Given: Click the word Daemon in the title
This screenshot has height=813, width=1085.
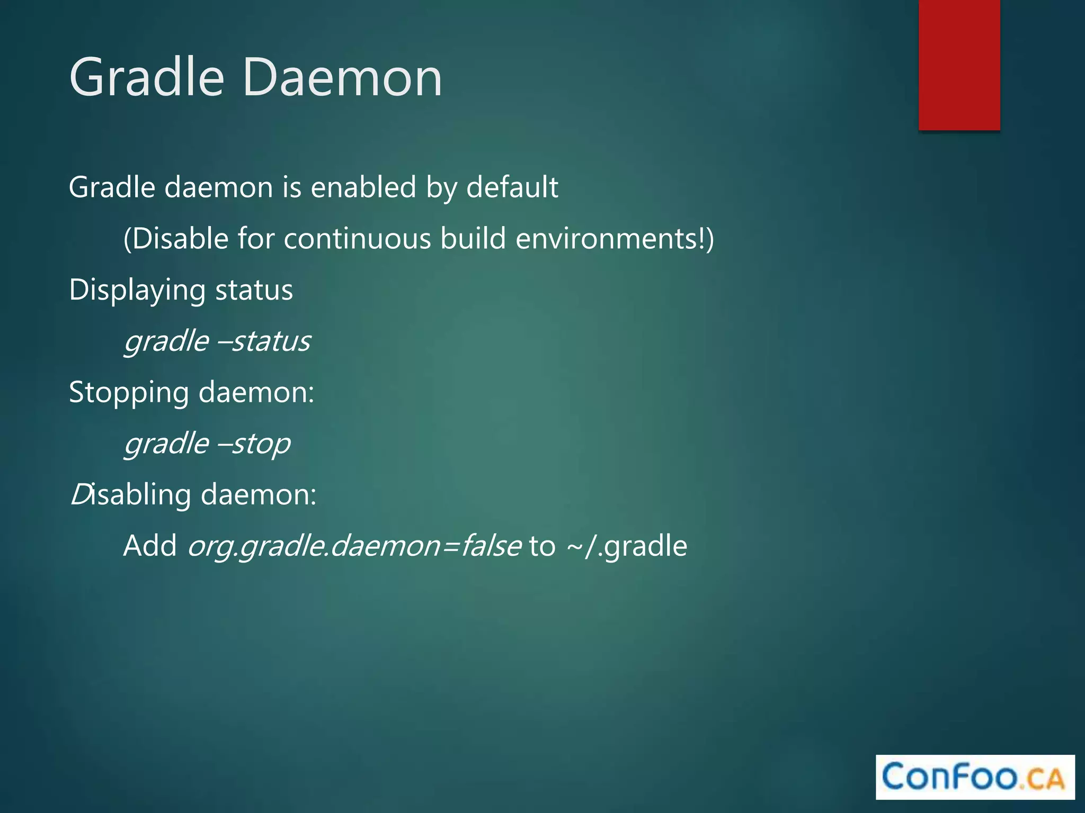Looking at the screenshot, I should pyautogui.click(x=342, y=78).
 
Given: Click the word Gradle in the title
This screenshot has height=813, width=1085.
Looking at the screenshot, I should pyautogui.click(x=147, y=78).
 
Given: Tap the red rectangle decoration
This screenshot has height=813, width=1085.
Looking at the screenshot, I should pyautogui.click(x=959, y=65).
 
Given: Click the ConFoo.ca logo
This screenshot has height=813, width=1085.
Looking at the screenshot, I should pyautogui.click(x=974, y=777).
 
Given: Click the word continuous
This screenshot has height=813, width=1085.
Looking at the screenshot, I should pyautogui.click(x=358, y=239).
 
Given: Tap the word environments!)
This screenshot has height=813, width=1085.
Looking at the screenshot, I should pyautogui.click(x=615, y=239).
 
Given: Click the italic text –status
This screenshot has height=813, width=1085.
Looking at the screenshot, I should pyautogui.click(x=264, y=341).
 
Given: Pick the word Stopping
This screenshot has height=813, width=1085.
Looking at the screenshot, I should pyautogui.click(x=129, y=393).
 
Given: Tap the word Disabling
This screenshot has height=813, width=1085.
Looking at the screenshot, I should pyautogui.click(x=130, y=495).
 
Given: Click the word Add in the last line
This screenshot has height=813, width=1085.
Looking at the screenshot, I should pyautogui.click(x=150, y=546).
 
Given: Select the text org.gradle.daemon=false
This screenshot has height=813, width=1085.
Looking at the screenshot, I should pyautogui.click(x=354, y=546).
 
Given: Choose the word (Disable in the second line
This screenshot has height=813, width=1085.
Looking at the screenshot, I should pyautogui.click(x=175, y=239).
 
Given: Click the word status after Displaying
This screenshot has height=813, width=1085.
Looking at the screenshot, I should pyautogui.click(x=254, y=291).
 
